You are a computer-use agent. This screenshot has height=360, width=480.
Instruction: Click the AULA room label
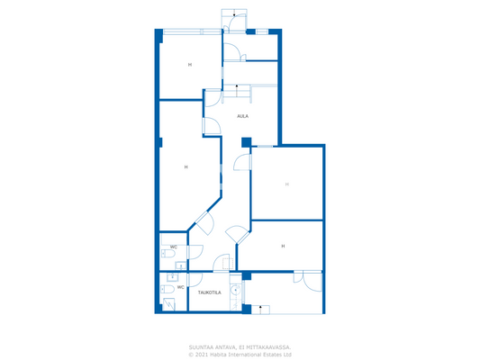[x=242, y=116]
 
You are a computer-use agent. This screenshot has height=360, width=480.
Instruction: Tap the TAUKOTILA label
[x=210, y=292]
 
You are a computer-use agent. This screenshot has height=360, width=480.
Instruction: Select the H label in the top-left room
[x=190, y=65]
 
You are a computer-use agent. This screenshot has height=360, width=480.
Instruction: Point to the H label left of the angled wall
[x=186, y=167]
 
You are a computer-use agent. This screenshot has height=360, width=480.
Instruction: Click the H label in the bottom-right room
[x=283, y=246]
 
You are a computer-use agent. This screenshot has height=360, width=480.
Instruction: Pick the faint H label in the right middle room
[x=287, y=184]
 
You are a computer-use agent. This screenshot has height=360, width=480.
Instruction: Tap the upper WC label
[x=173, y=247]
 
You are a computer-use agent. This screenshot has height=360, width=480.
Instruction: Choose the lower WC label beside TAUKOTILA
[x=180, y=287]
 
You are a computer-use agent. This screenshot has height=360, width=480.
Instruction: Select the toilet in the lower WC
[x=165, y=290]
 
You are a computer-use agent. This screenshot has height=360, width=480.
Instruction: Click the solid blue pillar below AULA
[x=246, y=142]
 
